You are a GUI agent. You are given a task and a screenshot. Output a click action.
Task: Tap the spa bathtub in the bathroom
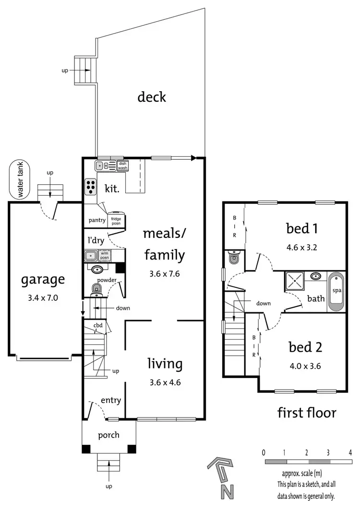point(336,291)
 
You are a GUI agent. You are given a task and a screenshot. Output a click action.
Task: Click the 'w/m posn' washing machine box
point(105,255)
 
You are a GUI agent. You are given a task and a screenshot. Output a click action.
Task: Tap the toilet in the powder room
point(96,289)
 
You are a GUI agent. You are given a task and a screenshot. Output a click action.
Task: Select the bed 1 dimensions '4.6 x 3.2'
point(303,249)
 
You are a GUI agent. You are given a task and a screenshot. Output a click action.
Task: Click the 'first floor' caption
point(307,412)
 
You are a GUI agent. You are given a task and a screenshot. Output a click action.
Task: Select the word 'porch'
point(108,435)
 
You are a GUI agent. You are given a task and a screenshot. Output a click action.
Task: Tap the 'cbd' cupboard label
point(98,325)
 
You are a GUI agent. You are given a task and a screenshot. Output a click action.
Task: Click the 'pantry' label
point(97,221)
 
